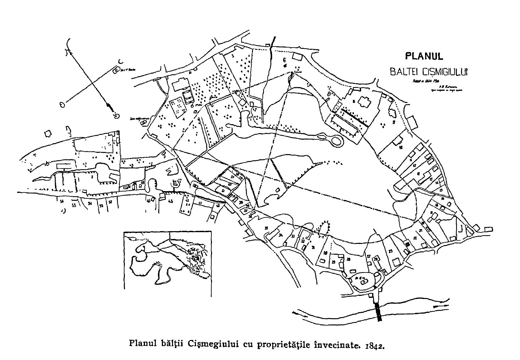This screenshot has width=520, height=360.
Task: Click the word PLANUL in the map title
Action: (x=424, y=56)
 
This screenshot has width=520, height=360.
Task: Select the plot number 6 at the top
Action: (x=284, y=60)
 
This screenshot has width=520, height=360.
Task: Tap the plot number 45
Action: (x=170, y=202)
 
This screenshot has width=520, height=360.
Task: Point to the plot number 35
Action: (x=267, y=228)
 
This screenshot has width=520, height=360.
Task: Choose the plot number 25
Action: (x=391, y=251)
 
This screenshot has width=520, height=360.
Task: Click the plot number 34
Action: (x=280, y=235)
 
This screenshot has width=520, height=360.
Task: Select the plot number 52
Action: (x=110, y=202)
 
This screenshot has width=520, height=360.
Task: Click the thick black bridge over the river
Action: (x=379, y=311)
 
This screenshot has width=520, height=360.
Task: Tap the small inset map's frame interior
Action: (x=167, y=261)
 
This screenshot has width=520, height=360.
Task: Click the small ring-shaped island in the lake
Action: (x=336, y=141)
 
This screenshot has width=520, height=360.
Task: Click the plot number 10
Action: (x=400, y=148)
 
